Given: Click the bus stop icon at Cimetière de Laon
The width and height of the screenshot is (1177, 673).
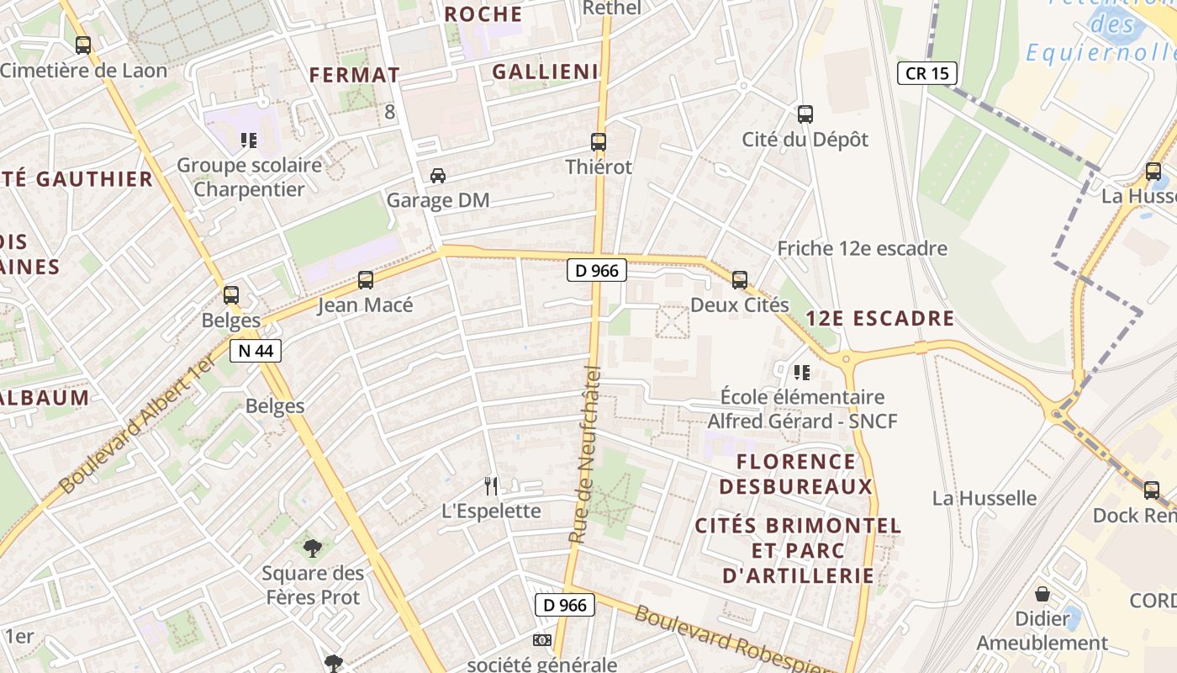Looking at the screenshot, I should point(82,45).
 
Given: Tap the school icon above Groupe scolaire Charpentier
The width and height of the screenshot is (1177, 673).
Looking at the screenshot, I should point(248,140).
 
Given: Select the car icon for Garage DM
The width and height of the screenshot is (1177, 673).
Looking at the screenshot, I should point(437,176).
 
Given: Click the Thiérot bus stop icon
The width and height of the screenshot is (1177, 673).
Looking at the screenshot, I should point(599,142).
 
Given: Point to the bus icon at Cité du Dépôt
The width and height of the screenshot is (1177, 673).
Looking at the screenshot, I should point(805,114).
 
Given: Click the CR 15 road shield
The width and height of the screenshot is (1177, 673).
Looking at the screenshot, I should point(928,73).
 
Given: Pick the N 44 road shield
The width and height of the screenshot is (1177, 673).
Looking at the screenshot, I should point(256,351).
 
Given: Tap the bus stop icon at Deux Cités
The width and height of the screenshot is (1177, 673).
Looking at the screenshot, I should point(740,279).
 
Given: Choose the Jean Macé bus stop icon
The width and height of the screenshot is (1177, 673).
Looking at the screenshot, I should point(365,279).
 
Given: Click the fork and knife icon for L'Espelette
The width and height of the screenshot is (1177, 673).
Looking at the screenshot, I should point(492,485).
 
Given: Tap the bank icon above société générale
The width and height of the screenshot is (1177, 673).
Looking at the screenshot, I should point(541,640).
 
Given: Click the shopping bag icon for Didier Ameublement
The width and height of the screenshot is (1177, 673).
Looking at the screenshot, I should point(1042,594).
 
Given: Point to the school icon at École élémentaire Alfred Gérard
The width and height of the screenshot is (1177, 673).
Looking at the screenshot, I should point(802,372).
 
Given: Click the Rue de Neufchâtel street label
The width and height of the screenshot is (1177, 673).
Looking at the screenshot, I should point(586,454).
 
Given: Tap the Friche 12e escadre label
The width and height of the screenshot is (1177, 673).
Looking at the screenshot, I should point(862,248).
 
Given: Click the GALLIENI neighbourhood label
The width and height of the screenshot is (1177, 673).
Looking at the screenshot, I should point(545,72).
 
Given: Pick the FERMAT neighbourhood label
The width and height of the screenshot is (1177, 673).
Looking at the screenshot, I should point(354,75).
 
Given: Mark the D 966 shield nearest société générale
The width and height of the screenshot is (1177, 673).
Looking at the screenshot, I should point(565,604).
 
